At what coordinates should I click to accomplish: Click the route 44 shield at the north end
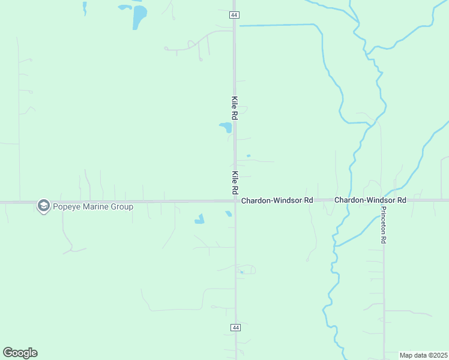point(235,14)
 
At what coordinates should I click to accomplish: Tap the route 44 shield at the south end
point(235,327)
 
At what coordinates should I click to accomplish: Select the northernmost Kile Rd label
point(235,108)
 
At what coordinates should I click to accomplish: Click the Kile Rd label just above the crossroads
point(235,182)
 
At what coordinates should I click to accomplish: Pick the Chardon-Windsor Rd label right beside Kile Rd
point(277,200)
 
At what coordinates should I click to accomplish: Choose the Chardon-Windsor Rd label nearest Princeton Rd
point(370,199)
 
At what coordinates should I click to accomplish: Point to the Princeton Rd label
point(384,225)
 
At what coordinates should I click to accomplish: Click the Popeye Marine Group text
point(92,206)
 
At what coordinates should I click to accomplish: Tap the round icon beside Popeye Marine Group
point(43,206)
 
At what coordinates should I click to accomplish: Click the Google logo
point(20,353)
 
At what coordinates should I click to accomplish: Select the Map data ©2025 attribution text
point(423,355)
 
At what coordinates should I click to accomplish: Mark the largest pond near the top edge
point(139,17)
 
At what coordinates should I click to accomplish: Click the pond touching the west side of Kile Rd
point(226,127)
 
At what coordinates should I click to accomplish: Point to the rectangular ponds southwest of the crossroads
point(199,219)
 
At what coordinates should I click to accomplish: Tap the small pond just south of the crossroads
point(229,214)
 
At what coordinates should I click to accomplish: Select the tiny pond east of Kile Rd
point(248,156)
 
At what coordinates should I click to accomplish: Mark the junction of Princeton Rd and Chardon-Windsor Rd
point(384,200)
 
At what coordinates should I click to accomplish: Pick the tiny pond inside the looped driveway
point(241,272)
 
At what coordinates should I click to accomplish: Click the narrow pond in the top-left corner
point(85,8)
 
